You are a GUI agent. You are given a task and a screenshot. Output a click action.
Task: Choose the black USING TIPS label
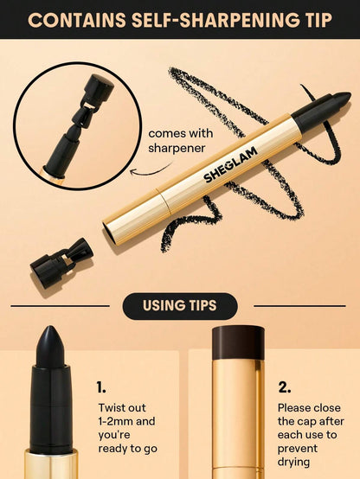(x=180, y=305)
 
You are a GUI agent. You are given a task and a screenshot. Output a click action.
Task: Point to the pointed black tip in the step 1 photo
(x=50, y=342)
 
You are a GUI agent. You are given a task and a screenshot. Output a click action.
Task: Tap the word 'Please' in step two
(x=294, y=407)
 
